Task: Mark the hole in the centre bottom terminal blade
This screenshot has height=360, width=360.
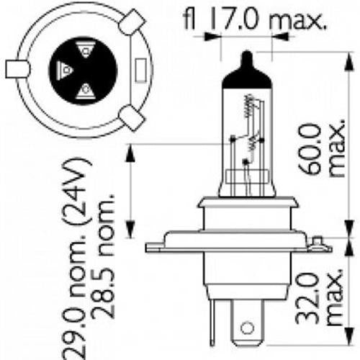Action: pos(248,325)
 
